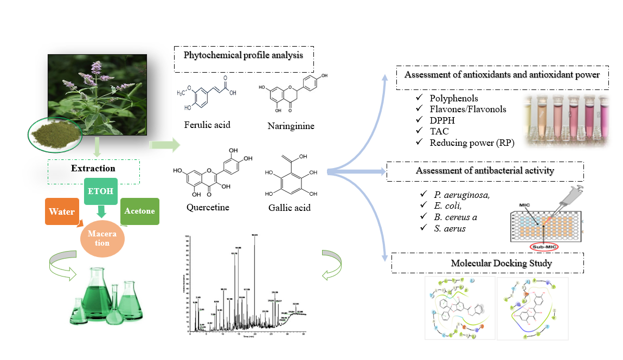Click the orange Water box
(61, 212)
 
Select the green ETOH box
(100, 191)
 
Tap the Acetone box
(139, 211)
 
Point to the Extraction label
(93, 169)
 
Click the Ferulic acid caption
(207, 125)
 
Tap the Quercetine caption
(207, 207)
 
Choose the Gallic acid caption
(289, 207)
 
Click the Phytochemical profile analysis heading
(243, 55)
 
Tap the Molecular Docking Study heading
(486, 263)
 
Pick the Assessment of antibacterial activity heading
(484, 171)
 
